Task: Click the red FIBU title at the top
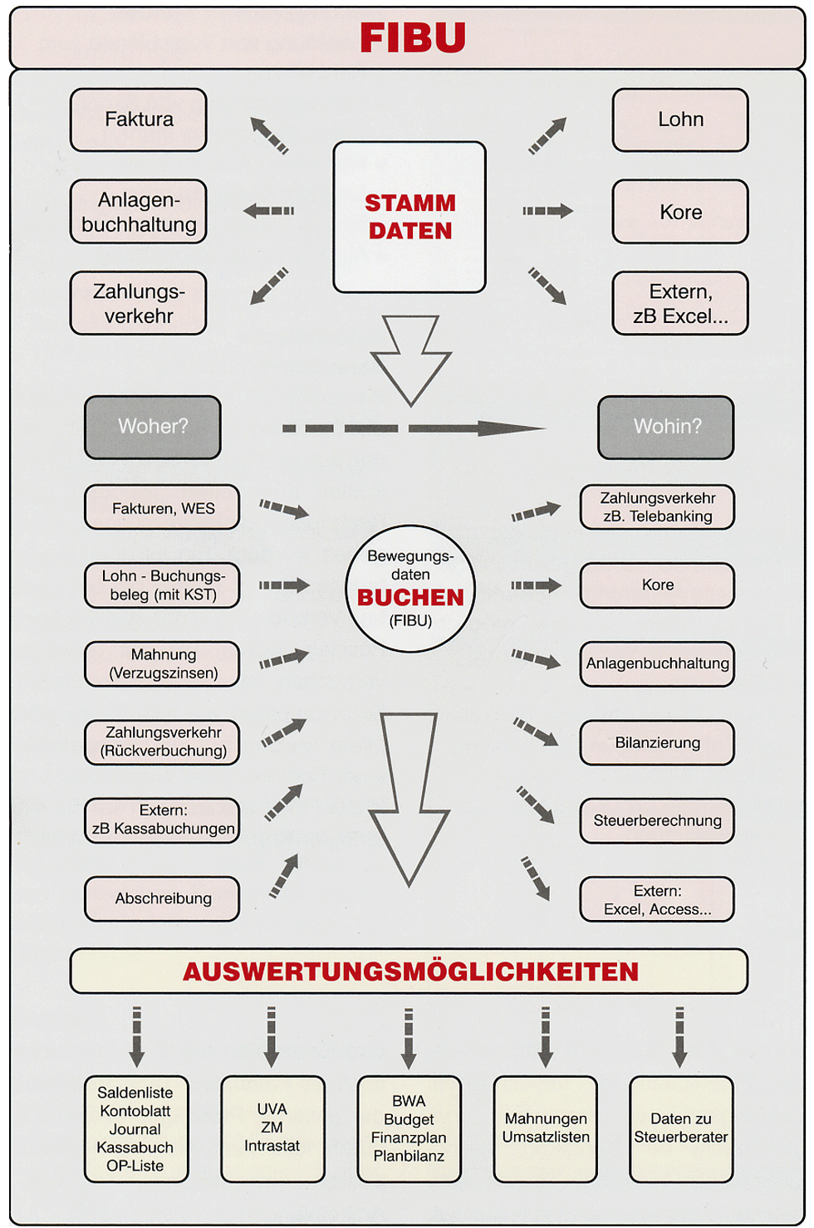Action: [413, 37]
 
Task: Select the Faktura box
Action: [138, 120]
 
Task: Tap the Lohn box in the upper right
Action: [680, 120]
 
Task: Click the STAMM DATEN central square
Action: [409, 217]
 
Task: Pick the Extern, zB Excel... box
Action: [680, 303]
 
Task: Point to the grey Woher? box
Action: [153, 427]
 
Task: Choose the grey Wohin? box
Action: [666, 427]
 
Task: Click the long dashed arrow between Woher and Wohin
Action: [414, 428]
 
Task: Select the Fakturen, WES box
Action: [162, 507]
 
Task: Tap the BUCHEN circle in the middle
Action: [410, 589]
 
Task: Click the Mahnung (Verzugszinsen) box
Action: [162, 664]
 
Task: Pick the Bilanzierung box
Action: [657, 743]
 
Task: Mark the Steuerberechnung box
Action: [657, 820]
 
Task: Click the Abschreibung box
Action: [162, 898]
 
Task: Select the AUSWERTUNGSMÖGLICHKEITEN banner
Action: [409, 971]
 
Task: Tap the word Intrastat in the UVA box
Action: [272, 1146]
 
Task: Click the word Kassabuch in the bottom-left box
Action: [135, 1147]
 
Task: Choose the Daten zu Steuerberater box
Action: [681, 1128]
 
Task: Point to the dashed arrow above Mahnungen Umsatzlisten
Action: [545, 1037]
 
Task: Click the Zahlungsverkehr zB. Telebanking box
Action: [657, 507]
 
